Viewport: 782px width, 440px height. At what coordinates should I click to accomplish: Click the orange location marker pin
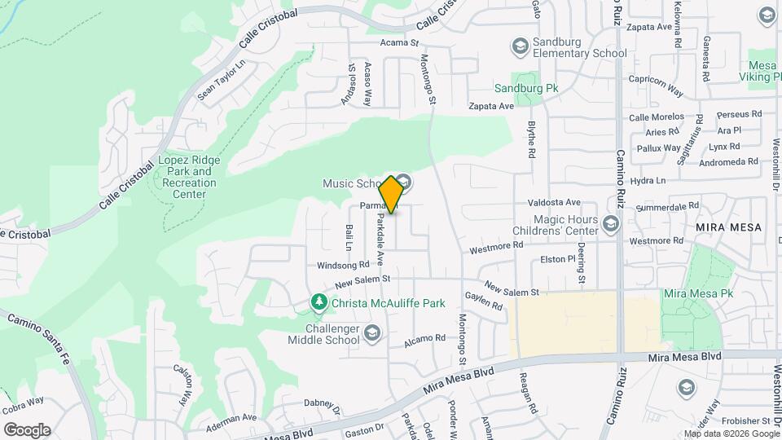point(392,194)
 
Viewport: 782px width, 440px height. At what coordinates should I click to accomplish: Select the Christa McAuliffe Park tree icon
point(320,303)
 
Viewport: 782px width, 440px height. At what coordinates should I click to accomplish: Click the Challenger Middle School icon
point(372,332)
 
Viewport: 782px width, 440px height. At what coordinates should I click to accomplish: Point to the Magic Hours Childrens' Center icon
point(612,222)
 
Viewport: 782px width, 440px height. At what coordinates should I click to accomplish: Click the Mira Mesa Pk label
point(695,293)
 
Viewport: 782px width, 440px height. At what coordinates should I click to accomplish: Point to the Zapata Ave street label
point(490,106)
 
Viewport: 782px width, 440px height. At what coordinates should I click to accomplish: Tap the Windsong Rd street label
point(343,265)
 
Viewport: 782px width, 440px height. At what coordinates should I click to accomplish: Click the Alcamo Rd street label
point(428,337)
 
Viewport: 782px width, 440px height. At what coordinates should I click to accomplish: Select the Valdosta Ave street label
point(554,202)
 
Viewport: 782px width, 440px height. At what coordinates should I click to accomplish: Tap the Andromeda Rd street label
point(731,162)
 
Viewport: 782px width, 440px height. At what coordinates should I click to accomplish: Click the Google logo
point(27,429)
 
